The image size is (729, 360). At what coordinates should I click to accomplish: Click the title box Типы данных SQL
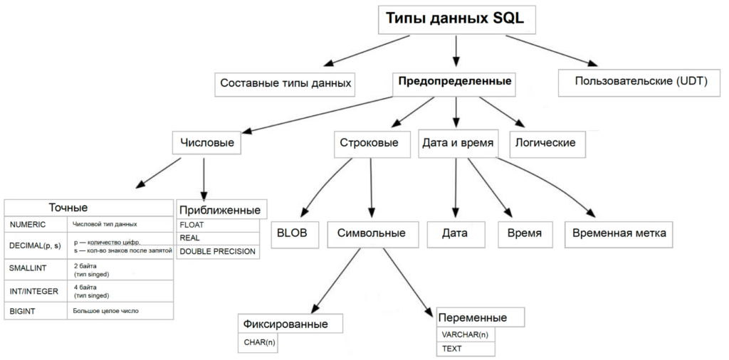tap(455, 19)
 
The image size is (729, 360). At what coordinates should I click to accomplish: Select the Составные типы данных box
tap(285, 83)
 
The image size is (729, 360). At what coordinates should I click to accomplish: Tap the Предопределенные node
tap(455, 81)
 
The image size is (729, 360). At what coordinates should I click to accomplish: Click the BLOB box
tap(293, 233)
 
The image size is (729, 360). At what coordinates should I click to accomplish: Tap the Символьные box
tap(371, 233)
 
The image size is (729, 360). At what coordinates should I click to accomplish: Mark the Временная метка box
tap(617, 233)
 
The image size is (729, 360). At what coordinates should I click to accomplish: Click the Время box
tap(525, 233)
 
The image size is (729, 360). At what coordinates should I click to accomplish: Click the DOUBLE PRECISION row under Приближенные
tap(217, 251)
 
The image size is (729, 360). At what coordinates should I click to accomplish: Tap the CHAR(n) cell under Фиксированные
tap(260, 342)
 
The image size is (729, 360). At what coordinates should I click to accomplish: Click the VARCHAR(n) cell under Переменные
tap(465, 334)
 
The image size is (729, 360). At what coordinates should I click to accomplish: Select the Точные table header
tap(68, 208)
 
